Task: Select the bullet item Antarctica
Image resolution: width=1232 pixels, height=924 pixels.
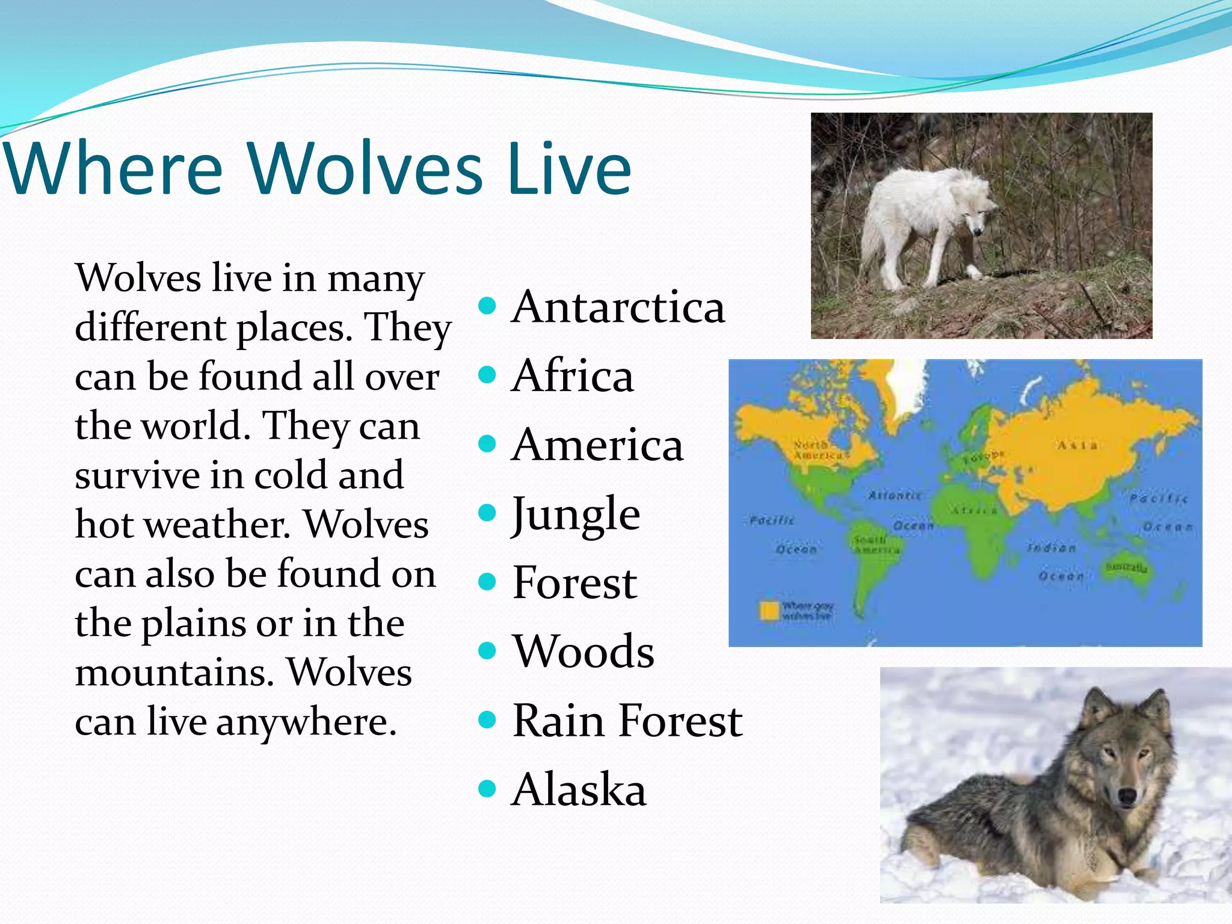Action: (618, 307)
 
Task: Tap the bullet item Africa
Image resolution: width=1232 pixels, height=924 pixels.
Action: (572, 376)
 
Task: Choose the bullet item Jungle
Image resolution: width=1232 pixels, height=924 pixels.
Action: (576, 515)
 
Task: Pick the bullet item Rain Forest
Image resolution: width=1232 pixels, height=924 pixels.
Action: (627, 721)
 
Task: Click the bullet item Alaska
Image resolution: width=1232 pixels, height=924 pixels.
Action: (579, 790)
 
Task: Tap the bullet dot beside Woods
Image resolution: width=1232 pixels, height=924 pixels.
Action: (487, 650)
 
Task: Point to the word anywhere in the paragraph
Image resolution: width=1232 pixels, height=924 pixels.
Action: (306, 722)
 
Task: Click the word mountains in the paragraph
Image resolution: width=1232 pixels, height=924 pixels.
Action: (174, 673)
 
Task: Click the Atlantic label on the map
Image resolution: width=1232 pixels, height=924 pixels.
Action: (895, 496)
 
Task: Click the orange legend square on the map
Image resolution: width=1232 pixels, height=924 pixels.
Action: (769, 610)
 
